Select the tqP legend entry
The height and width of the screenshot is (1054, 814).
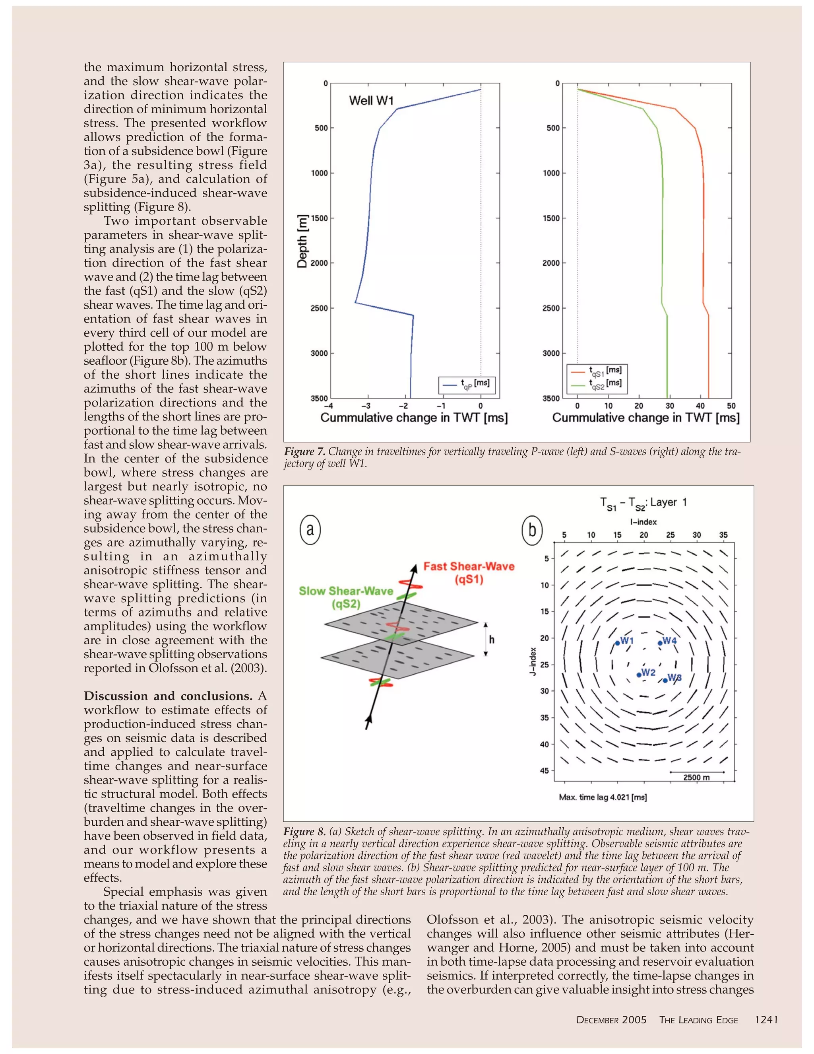point(467,385)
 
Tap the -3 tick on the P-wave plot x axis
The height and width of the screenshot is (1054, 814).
point(366,406)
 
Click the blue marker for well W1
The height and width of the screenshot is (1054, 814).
point(617,643)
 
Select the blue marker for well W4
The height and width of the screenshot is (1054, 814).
point(660,642)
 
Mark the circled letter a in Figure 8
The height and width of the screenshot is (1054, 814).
point(310,530)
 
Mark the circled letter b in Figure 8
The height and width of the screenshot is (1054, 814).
point(532,530)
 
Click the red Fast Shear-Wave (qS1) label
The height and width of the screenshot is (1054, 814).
point(469,572)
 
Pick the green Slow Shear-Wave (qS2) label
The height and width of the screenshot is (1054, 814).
point(346,597)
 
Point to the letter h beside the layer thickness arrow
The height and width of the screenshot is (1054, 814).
point(491,640)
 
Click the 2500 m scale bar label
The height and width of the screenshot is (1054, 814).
point(696,778)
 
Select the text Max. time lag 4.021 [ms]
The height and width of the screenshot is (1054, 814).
point(603,797)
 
